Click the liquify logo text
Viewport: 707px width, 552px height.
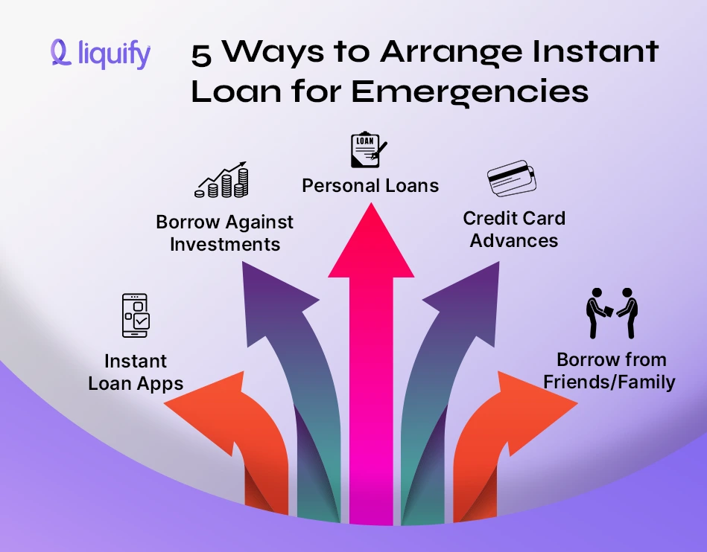click(113, 54)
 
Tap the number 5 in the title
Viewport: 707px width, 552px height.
click(200, 54)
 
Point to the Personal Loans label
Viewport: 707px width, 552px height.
click(370, 184)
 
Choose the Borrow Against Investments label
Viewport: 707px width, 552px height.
click(224, 233)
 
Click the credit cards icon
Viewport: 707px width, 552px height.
click(512, 179)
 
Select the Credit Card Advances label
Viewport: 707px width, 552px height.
click(514, 229)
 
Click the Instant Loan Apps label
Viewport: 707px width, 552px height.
click(136, 373)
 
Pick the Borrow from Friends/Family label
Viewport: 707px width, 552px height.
click(610, 371)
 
